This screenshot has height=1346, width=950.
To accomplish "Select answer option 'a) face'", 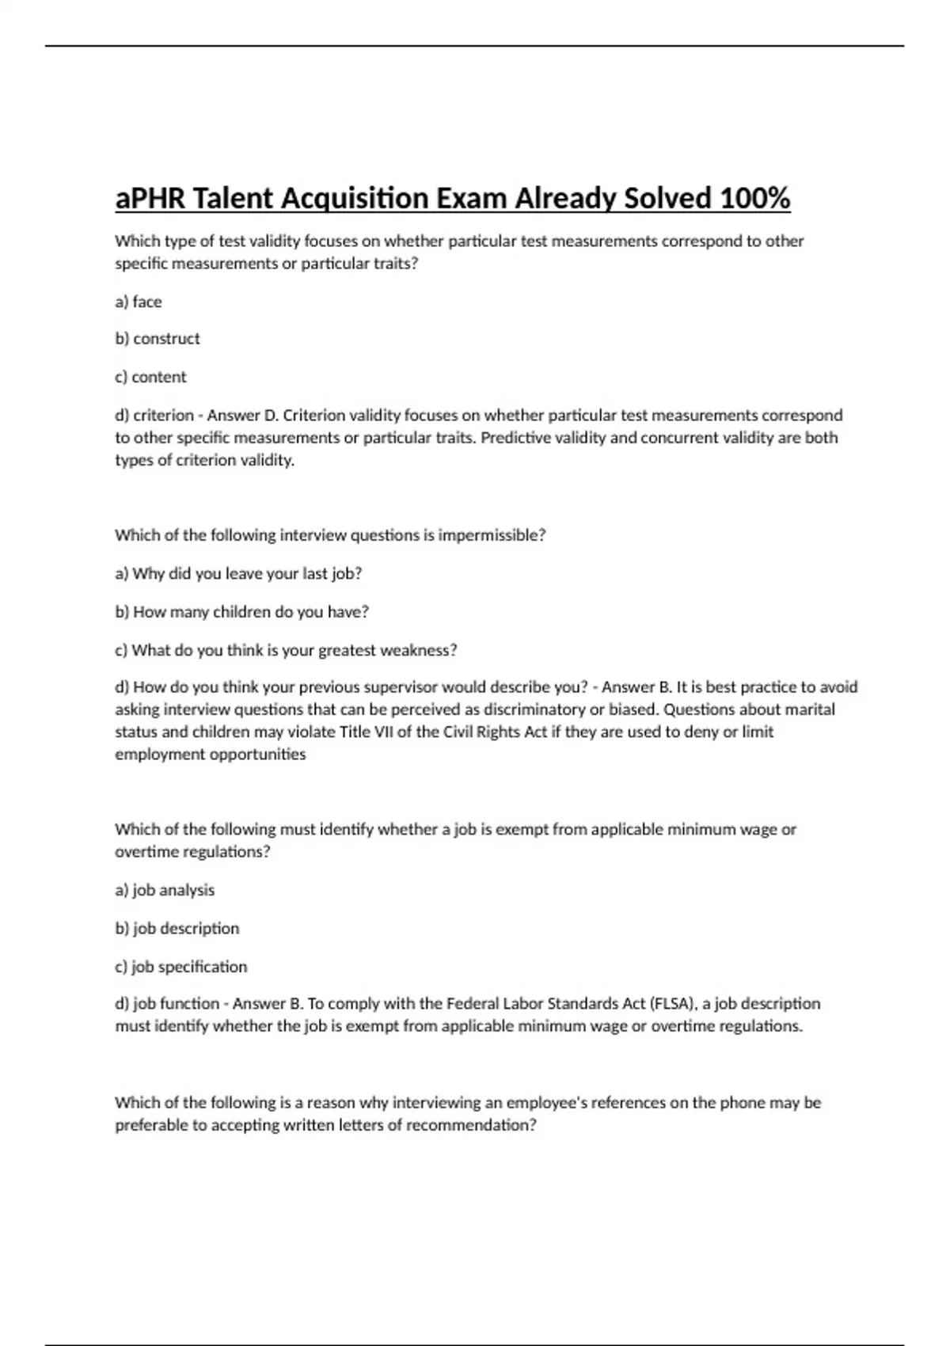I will click(x=139, y=302).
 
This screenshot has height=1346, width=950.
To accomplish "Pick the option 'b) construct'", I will click(x=158, y=339).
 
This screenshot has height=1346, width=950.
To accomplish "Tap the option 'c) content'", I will click(x=151, y=377).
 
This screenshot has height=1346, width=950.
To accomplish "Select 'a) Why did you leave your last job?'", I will click(x=238, y=573).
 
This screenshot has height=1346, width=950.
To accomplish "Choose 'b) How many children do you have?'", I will click(x=242, y=612).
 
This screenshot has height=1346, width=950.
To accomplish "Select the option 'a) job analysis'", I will click(x=165, y=890).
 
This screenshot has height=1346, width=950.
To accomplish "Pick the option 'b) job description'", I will click(x=177, y=928).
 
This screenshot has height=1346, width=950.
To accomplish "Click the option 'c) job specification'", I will click(x=181, y=967).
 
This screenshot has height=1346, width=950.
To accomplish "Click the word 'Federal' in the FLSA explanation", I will click(x=473, y=1004).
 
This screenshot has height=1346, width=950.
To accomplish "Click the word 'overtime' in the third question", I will click(x=146, y=852).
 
